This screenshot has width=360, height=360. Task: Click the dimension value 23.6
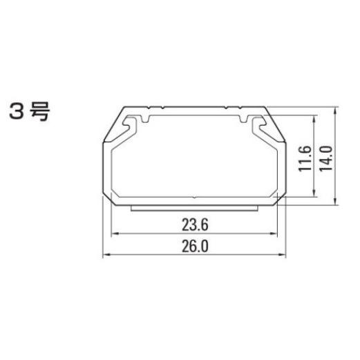(195, 225)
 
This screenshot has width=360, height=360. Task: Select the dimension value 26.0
(195, 246)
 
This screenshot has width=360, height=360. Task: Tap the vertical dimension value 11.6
(305, 158)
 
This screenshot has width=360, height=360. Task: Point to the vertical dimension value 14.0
(326, 158)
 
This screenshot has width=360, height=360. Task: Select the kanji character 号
(40, 111)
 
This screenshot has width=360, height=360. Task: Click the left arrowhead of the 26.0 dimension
(106, 254)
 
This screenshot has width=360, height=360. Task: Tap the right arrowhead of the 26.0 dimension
(283, 254)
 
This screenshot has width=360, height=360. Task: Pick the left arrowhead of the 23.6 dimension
(115, 234)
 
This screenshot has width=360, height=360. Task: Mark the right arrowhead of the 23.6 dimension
(274, 234)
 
